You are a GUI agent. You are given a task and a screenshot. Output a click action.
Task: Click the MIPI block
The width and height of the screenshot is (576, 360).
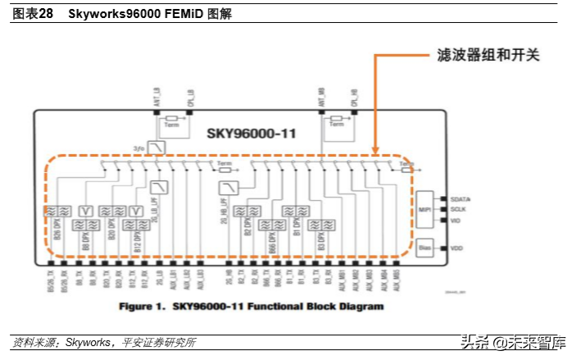coord(425,208)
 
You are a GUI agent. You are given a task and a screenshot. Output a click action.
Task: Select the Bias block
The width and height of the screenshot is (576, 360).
coord(424,247)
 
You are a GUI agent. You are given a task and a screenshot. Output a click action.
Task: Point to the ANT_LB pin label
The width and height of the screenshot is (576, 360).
coord(157,96)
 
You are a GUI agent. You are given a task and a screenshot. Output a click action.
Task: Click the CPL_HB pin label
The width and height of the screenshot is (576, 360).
coord(355,96)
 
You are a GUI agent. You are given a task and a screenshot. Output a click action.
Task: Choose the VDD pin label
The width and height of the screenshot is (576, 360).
coord(456,247)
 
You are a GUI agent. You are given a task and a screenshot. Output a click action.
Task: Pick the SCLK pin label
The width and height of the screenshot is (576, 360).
coord(458,209)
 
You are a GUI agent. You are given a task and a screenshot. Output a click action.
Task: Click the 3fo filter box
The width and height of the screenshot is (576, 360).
coord(158,148)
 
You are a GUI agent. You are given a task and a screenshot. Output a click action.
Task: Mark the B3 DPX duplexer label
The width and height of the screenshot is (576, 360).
coord(320,239)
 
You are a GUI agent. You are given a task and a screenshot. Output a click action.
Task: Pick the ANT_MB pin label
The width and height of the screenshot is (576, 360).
coord(321,96)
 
